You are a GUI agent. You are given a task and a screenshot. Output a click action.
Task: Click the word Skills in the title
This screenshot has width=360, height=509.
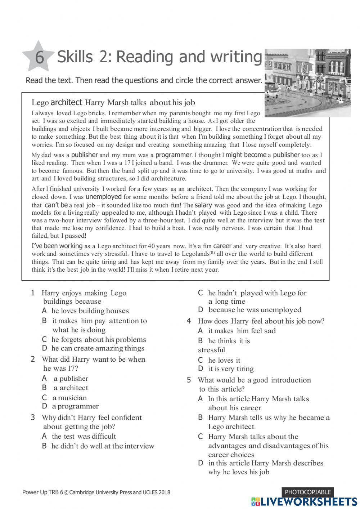pyautogui.click(x=75, y=57)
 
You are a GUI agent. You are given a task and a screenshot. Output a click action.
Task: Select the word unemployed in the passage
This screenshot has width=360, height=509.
pyautogui.click(x=103, y=197)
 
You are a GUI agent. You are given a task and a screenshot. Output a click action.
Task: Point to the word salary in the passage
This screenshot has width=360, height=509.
pyautogui.click(x=203, y=205)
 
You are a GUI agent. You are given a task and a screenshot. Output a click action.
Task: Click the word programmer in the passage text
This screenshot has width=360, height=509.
pyautogui.click(x=173, y=155)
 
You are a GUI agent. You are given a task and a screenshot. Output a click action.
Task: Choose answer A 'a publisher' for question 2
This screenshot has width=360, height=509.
pyautogui.click(x=71, y=378)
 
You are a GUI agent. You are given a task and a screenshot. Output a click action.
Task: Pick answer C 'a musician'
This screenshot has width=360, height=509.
pyautogui.click(x=69, y=398)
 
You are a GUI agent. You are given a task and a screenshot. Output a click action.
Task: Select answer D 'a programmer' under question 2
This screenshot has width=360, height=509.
pyautogui.click(x=75, y=406)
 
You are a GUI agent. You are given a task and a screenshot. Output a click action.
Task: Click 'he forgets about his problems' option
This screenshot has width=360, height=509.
pyautogui.click(x=98, y=339)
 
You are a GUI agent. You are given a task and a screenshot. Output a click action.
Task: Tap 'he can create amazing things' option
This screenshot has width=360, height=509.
pyautogui.click(x=98, y=348)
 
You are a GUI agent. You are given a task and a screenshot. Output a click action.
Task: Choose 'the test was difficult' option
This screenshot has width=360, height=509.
pyautogui.click(x=84, y=436)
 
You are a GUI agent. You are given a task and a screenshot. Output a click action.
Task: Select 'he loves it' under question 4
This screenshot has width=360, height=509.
pyautogui.click(x=224, y=360)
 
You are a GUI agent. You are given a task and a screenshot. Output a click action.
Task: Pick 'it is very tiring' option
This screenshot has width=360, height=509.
pyautogui.click(x=231, y=369)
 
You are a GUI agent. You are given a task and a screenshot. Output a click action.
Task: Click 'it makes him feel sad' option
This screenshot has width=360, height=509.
pyautogui.click(x=242, y=331)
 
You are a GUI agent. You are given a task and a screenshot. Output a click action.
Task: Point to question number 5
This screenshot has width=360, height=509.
pyautogui.click(x=189, y=380)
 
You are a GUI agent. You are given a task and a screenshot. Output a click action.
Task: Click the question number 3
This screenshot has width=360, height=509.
pyautogui.click(x=33, y=418)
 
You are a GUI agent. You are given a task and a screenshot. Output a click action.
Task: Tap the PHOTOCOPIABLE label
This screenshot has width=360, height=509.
pyautogui.click(x=307, y=492)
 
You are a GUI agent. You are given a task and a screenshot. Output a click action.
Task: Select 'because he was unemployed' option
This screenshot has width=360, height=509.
pyautogui.click(x=255, y=310)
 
